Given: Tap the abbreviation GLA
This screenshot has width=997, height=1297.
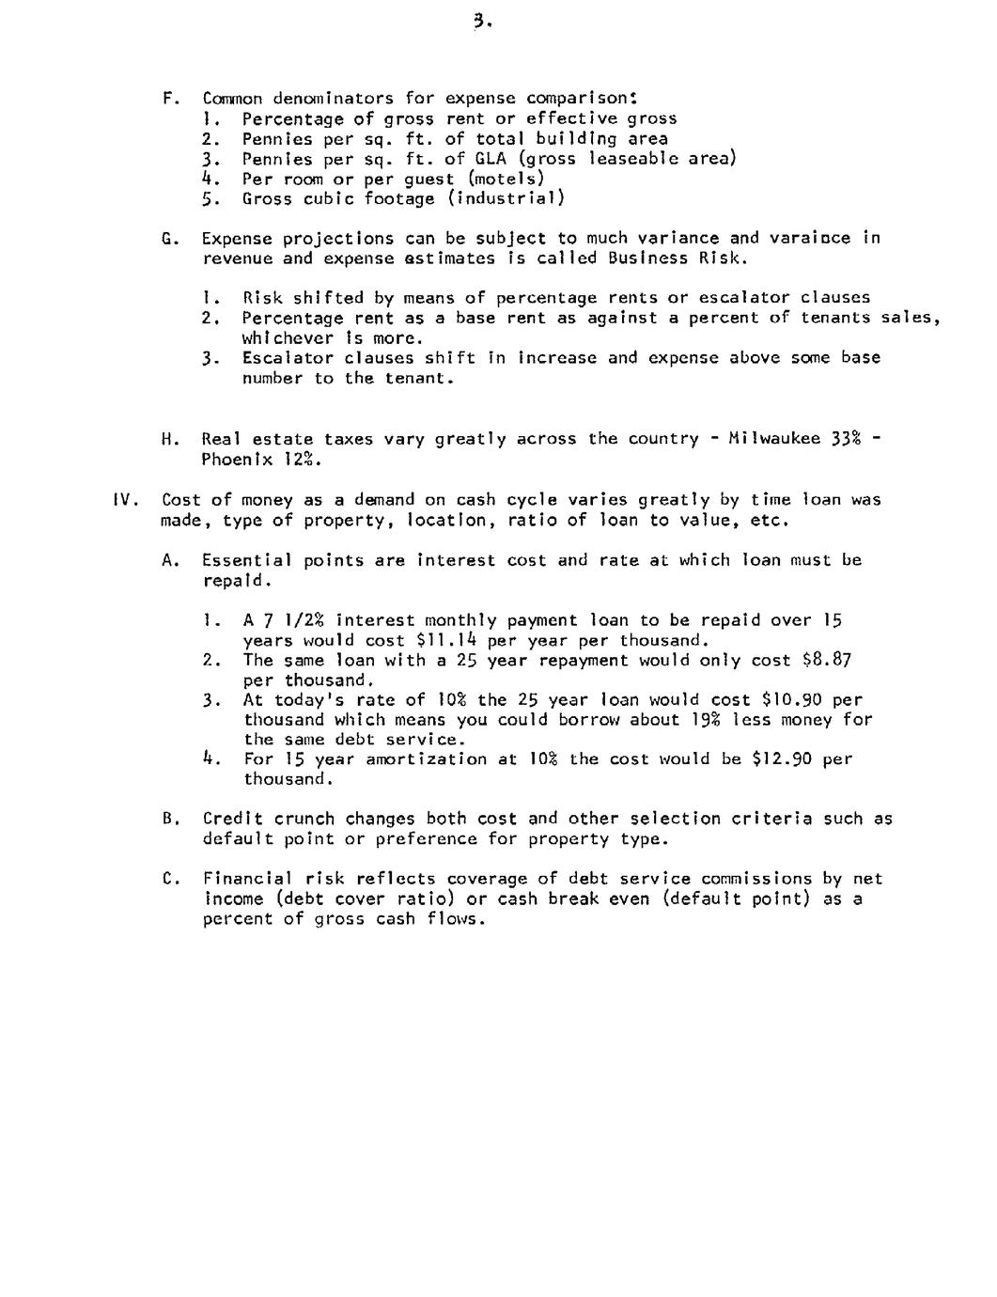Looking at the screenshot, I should coord(491,159).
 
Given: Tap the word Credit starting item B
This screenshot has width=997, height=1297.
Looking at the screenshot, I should coord(233,819).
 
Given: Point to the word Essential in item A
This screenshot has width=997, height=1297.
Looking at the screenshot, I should coord(247,560).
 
